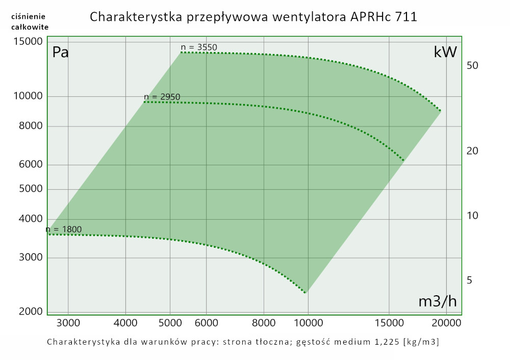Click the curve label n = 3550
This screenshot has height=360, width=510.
click(x=199, y=47)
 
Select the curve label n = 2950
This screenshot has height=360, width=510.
click(x=162, y=97)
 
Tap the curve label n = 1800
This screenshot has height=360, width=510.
click(x=64, y=229)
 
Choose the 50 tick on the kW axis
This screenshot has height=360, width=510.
click(x=472, y=66)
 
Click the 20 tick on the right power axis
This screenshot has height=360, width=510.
click(x=472, y=151)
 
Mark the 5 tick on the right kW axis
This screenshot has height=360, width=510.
click(x=470, y=280)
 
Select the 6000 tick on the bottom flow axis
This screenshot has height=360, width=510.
click(x=207, y=323)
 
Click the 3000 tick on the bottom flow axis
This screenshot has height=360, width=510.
click(x=68, y=323)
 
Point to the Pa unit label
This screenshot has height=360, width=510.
click(x=61, y=53)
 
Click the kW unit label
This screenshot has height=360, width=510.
click(x=445, y=53)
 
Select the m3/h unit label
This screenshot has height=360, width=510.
click(x=437, y=301)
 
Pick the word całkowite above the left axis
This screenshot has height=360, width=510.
click(x=30, y=27)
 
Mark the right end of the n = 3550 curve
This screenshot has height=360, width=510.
click(x=441, y=111)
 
